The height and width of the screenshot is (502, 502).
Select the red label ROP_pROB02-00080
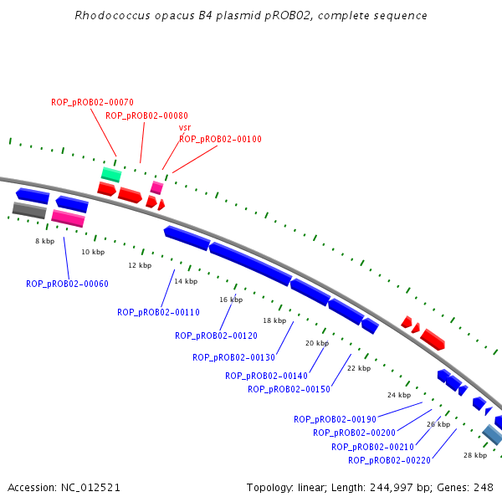tap(146, 115)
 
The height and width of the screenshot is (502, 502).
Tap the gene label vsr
tap(185, 128)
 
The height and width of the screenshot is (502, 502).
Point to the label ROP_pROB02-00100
tap(220, 139)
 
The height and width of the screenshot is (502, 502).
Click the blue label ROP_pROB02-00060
tap(67, 284)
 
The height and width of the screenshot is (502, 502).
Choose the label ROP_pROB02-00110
tap(158, 312)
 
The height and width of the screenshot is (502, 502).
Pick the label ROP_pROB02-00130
tap(233, 357)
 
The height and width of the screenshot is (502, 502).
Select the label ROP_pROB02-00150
tap(289, 389)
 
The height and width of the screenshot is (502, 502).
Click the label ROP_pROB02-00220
tap(389, 460)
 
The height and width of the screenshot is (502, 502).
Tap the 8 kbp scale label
tap(44, 241)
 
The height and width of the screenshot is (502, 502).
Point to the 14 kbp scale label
tap(186, 281)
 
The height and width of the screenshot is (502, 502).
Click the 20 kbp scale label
tap(316, 343)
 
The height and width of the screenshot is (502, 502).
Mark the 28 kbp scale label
tap(474, 455)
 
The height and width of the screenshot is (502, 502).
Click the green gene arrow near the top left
tap(111, 174)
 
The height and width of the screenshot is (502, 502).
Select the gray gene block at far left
tap(29, 210)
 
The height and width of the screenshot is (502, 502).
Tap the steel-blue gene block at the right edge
tap(492, 434)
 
